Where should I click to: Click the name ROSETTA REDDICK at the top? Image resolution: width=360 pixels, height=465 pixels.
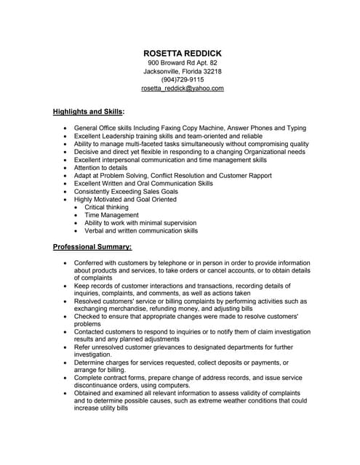click(x=183, y=54)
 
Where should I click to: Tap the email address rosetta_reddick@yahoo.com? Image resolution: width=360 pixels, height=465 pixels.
click(x=183, y=88)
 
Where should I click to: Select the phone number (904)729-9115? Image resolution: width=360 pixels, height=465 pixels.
click(x=183, y=79)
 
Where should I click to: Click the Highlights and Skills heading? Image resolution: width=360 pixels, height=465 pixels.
click(x=88, y=112)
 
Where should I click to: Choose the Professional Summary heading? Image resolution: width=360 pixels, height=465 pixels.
click(x=92, y=247)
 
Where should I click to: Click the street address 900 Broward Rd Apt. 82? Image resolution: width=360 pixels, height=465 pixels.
click(x=183, y=62)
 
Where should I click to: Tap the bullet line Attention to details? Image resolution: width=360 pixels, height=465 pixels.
click(x=106, y=168)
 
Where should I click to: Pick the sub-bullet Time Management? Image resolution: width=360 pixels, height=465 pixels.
click(x=111, y=215)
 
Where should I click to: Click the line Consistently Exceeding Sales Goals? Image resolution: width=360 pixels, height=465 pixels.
click(x=126, y=191)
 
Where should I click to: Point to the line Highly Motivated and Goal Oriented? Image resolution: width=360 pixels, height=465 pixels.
click(x=125, y=199)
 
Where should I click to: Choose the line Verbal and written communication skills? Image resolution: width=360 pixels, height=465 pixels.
click(x=141, y=230)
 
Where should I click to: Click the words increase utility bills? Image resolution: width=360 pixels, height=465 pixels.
click(x=101, y=408)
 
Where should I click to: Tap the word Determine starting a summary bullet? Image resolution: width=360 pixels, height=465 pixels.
click(x=92, y=363)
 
